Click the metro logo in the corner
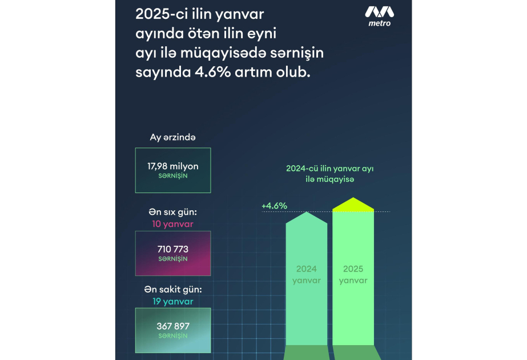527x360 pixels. pyautogui.click(x=379, y=16)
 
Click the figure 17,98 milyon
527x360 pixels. pyautogui.click(x=173, y=166)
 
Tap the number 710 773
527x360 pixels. pyautogui.click(x=173, y=249)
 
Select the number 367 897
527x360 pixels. pyautogui.click(x=173, y=326)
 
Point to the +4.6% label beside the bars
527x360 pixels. pyautogui.click(x=274, y=206)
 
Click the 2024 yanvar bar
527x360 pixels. pyautogui.click(x=307, y=274)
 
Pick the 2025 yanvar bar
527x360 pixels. pyautogui.click(x=353, y=274)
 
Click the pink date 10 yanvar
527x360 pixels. pyautogui.click(x=173, y=223)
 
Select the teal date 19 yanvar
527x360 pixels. pyautogui.click(x=173, y=301)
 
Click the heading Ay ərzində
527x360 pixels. pyautogui.click(x=173, y=137)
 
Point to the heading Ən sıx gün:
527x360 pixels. pyautogui.click(x=173, y=213)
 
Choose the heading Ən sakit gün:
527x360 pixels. pyautogui.click(x=173, y=290)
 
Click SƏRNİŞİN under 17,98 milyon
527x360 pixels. pyautogui.click(x=173, y=176)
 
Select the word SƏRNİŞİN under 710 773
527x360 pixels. pyautogui.click(x=173, y=259)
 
